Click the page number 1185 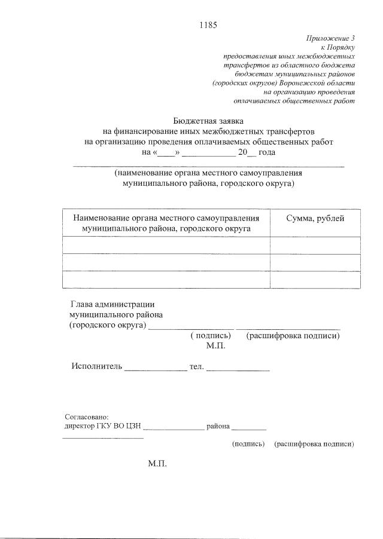pos(207,25)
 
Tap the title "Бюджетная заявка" pos(207,121)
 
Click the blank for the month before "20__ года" pos(205,152)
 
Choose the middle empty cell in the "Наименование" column pos(166,262)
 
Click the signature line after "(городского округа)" pos(190,326)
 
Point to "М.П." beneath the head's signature pos(215,346)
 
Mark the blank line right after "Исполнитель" pos(156,368)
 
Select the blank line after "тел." pos(238,368)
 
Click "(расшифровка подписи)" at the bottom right pos(314,444)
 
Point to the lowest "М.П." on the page pos(157,464)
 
